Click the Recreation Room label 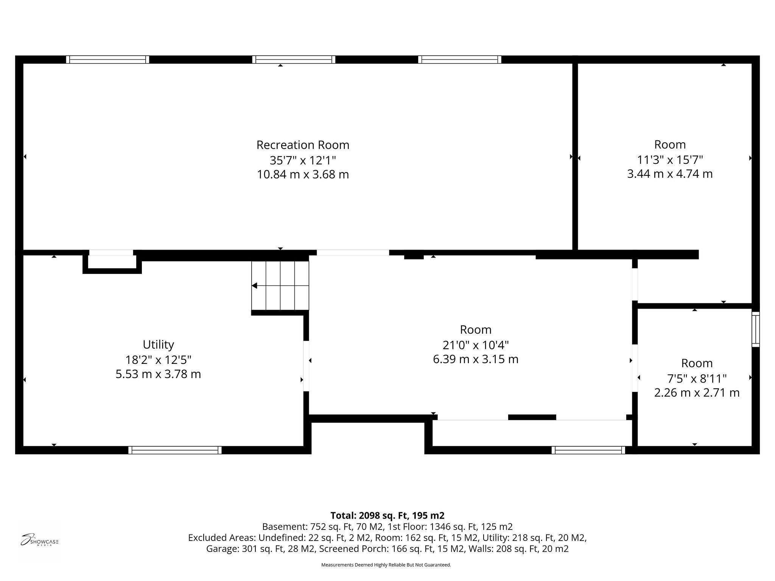[303, 145]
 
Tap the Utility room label [158, 345]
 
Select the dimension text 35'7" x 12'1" [303, 160]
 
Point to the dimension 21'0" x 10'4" [476, 345]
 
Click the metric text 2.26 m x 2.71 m [697, 393]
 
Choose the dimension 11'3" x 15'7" [670, 160]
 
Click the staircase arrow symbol [255, 286]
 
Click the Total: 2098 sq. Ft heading [387, 516]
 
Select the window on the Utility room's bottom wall [175, 450]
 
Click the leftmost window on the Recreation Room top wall [108, 59]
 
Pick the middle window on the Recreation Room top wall [294, 59]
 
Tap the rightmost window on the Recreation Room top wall [460, 59]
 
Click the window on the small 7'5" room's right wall [755, 329]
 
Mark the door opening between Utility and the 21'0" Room [306, 366]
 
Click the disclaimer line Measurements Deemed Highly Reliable [386, 565]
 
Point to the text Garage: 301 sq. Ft [260, 549]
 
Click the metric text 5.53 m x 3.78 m [158, 374]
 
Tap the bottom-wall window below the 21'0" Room [588, 450]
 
